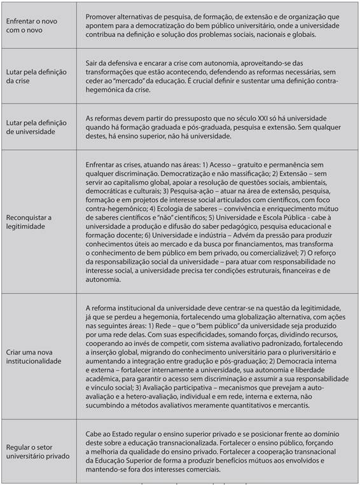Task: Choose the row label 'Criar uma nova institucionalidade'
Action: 39,355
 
